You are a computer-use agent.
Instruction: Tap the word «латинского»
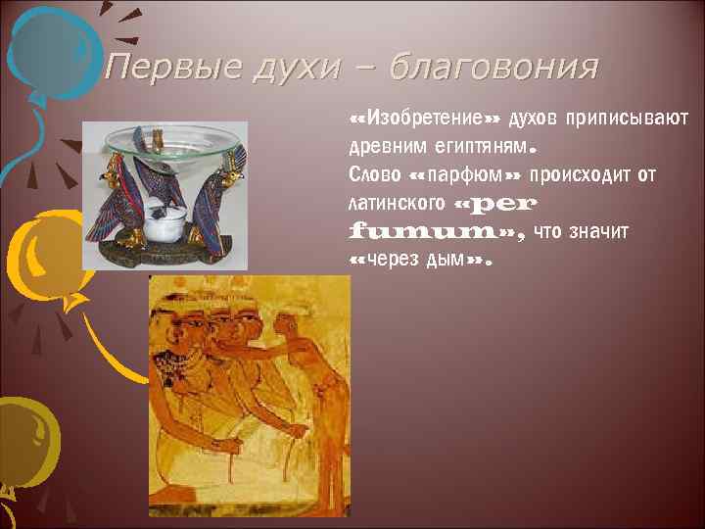tap(396, 206)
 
